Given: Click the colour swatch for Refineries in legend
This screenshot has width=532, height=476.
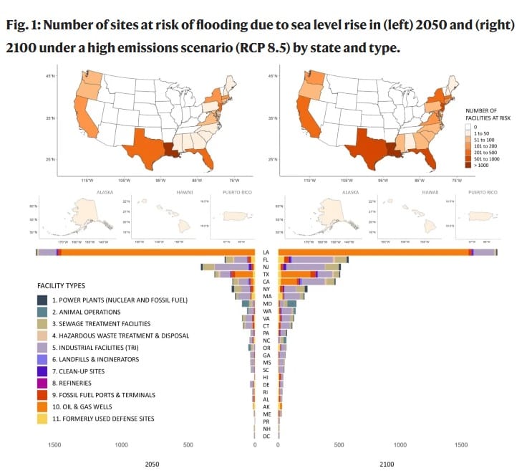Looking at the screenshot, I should tap(43, 383).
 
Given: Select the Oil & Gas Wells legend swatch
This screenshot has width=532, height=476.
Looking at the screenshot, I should tap(43, 406).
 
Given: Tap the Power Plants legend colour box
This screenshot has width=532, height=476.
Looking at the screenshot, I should tap(43, 300).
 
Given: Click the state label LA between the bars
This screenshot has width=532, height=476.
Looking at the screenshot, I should tap(266, 252).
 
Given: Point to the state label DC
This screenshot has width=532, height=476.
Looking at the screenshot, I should tap(266, 436).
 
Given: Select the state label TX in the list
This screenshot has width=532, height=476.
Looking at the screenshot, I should tap(266, 275).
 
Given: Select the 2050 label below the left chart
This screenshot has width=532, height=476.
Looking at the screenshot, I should tap(152, 465).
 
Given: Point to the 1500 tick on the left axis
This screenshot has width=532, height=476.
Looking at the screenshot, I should tap(54, 445).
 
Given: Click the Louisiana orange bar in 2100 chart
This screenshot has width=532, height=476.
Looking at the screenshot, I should tap(372, 252).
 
